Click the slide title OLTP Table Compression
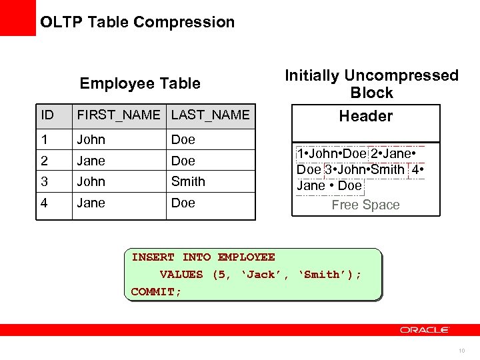click(137, 22)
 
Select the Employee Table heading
click(140, 83)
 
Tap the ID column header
click(47, 115)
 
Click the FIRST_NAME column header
click(119, 115)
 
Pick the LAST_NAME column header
click(210, 115)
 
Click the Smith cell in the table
click(188, 181)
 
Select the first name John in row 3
click(91, 181)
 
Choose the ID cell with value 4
click(44, 203)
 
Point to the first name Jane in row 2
click(91, 161)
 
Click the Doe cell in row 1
click(183, 139)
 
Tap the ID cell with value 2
click(44, 161)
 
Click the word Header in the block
click(366, 116)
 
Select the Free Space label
click(365, 205)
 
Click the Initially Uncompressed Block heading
click(371, 84)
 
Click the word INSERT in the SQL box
click(153, 257)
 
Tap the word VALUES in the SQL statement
click(181, 275)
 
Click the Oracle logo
click(425, 330)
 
